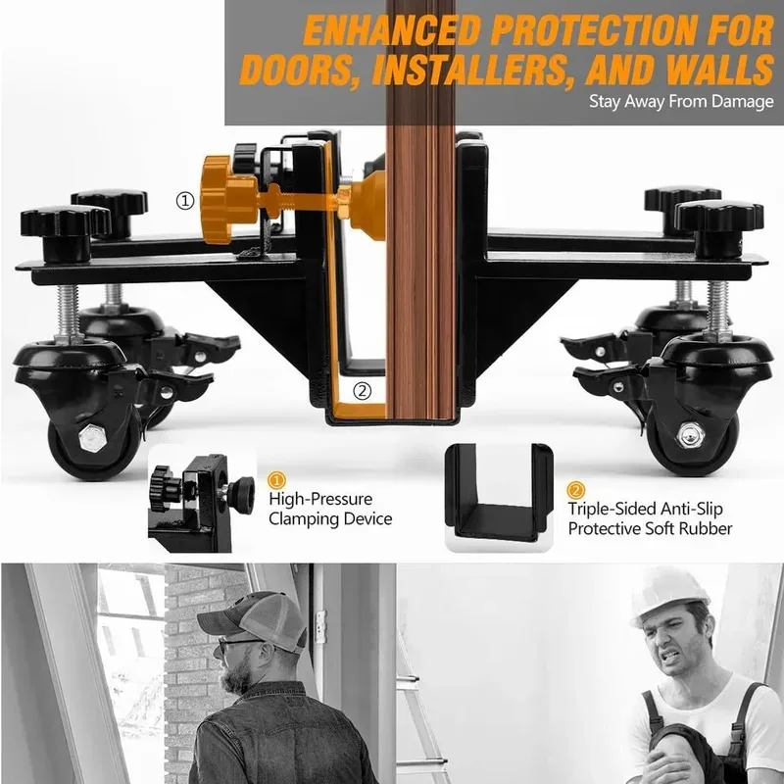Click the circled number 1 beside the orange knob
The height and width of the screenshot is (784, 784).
click(x=185, y=200)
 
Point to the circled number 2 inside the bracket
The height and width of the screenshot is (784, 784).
click(x=363, y=390)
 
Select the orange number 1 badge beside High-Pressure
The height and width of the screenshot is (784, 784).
click(x=277, y=480)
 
